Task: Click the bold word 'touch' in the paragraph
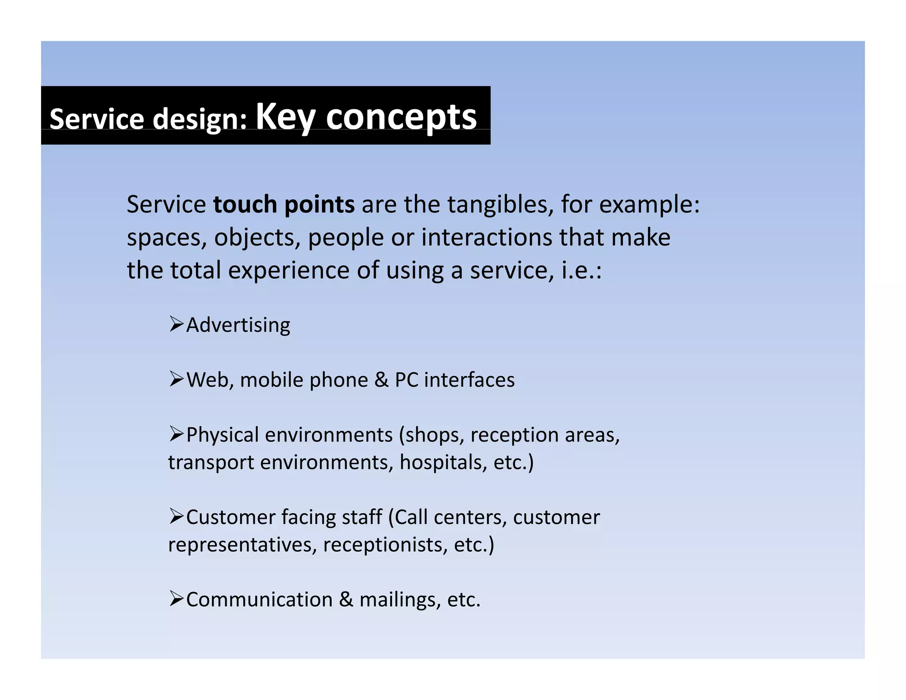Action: [x=245, y=204]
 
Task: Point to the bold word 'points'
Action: [x=319, y=205]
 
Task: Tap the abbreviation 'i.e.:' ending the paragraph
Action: [x=581, y=270]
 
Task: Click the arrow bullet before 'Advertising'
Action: [x=176, y=324]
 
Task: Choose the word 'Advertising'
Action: [x=238, y=326]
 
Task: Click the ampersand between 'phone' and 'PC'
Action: [x=381, y=380]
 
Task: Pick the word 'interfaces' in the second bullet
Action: [x=469, y=380]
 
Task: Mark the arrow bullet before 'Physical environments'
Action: [x=176, y=434]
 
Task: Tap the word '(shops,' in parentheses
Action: [x=431, y=435]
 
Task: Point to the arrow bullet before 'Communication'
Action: [x=176, y=599]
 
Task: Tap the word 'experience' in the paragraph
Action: [x=288, y=270]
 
